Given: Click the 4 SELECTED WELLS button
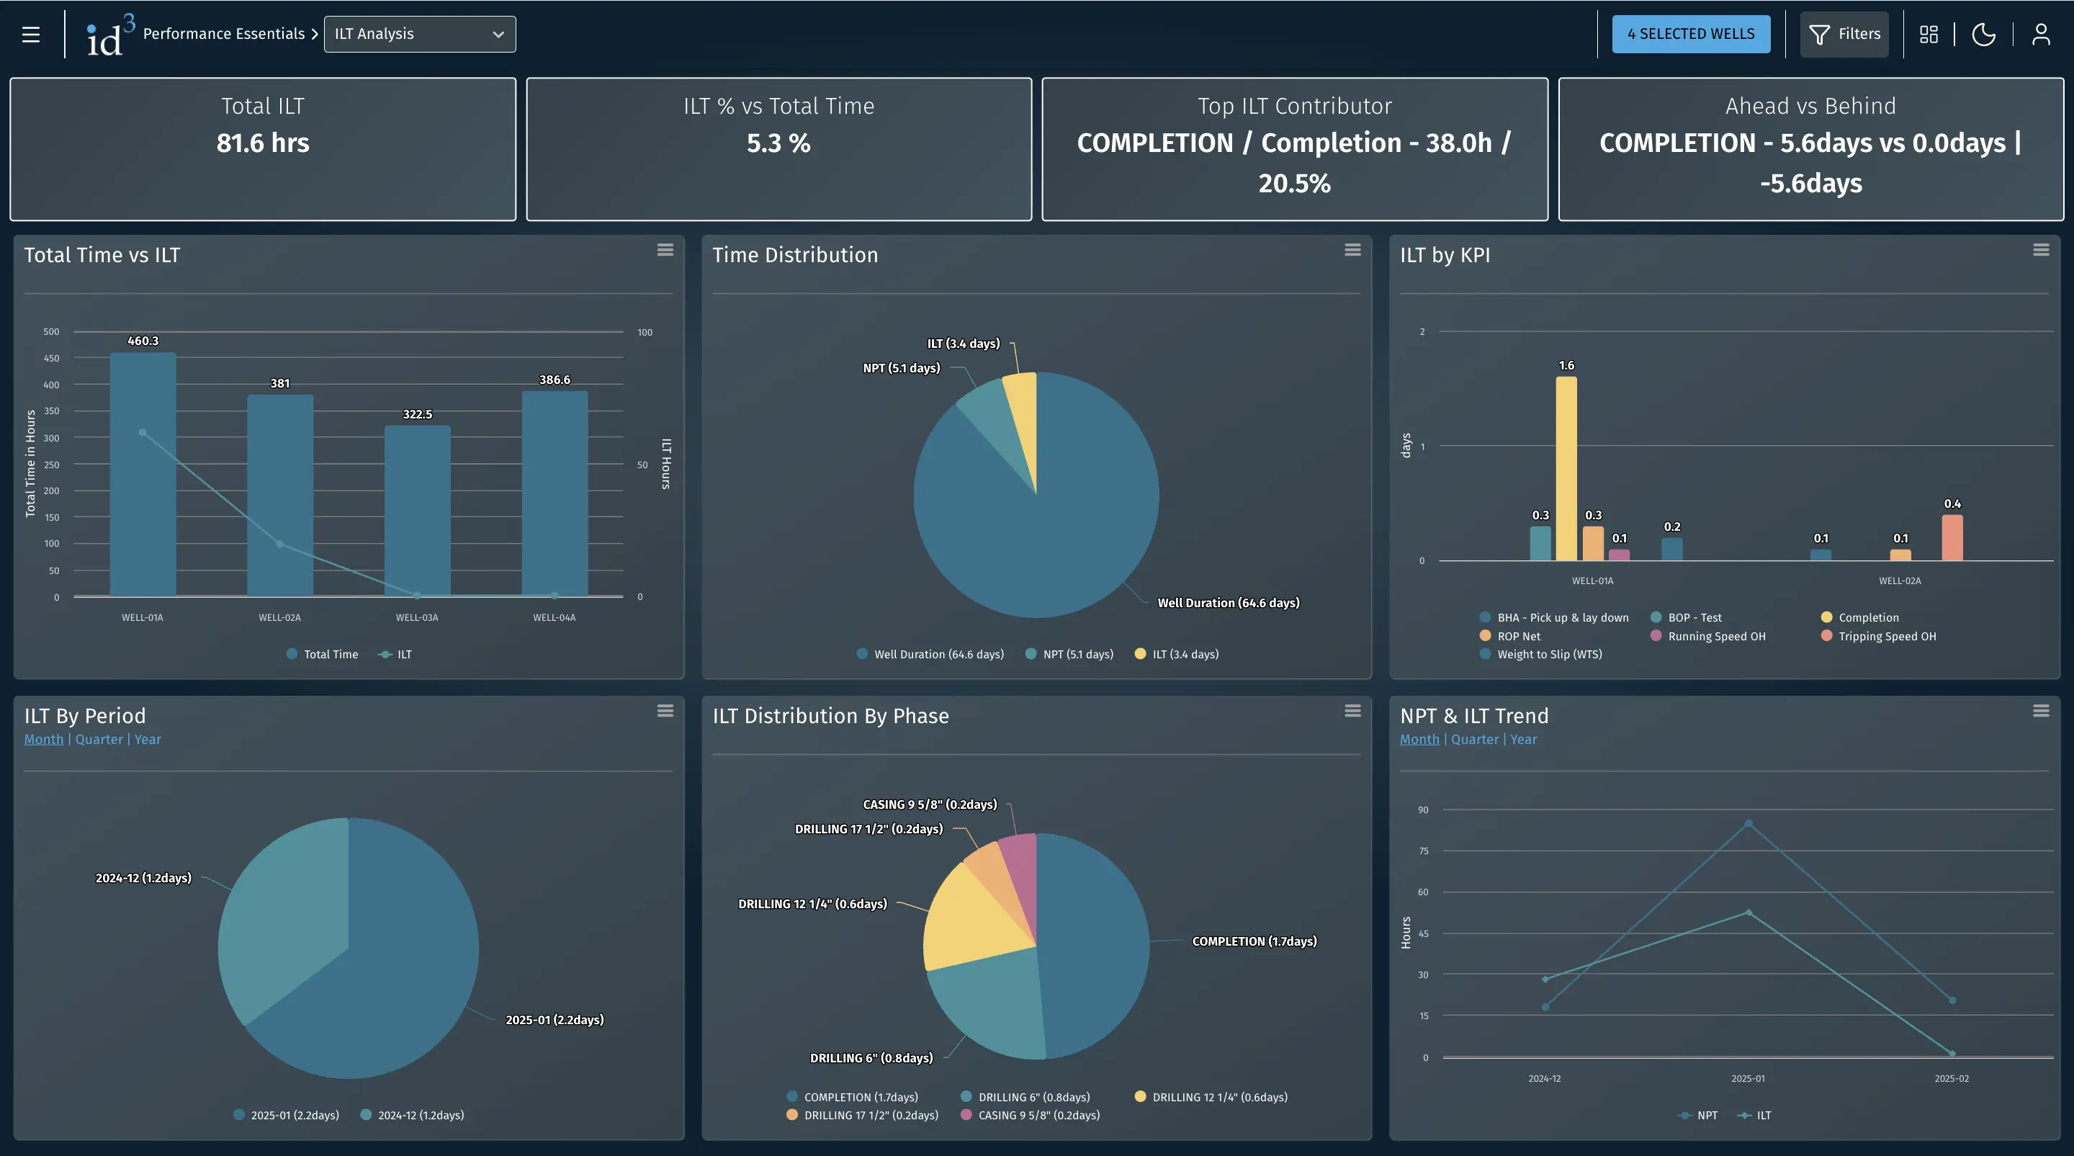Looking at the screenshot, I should click(1690, 34).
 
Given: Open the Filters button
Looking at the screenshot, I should click(1844, 34).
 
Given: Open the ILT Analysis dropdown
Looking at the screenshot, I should click(419, 34).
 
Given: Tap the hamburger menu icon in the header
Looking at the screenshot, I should click(30, 34).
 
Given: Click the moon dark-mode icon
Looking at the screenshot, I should click(1983, 34).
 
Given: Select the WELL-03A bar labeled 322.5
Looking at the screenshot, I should click(417, 511).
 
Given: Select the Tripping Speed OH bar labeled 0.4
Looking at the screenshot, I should click(1952, 538).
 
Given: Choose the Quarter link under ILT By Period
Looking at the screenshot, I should click(99, 739).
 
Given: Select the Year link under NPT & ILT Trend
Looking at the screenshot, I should click(1523, 739).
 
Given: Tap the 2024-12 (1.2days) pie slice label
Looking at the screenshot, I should click(143, 878).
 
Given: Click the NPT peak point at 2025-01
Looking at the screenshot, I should click(1748, 823).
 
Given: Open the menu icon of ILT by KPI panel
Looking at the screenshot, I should click(2040, 251).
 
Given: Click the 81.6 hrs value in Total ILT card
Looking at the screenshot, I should click(262, 143).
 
